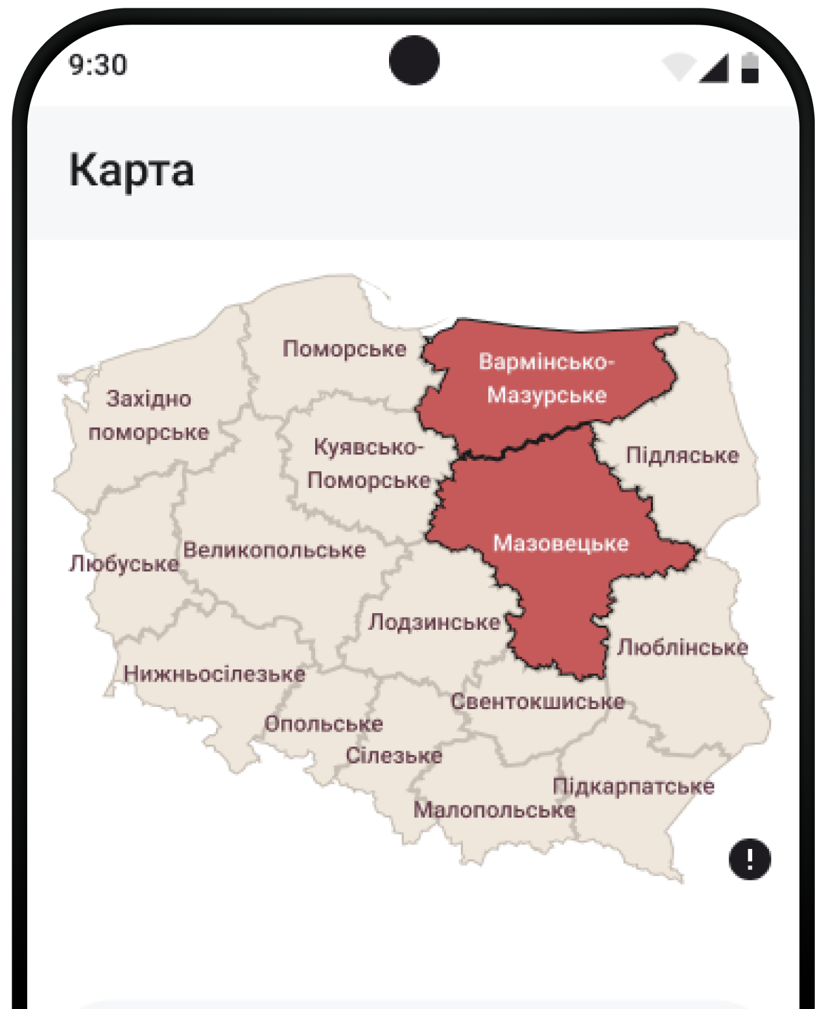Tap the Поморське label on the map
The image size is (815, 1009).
(x=344, y=349)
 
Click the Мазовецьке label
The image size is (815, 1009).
(x=561, y=543)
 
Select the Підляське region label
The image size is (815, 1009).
(x=682, y=456)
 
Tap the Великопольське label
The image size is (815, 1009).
(x=274, y=551)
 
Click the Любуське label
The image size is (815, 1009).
(x=124, y=564)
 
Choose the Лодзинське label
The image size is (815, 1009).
(x=434, y=623)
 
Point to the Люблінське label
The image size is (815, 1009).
(x=683, y=647)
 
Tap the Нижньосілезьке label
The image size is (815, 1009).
(x=215, y=675)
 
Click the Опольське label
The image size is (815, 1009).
(x=324, y=724)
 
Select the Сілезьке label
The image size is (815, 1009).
(x=394, y=756)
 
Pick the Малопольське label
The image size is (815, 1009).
(x=494, y=810)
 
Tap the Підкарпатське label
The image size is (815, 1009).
(x=633, y=787)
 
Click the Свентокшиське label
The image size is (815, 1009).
(x=538, y=702)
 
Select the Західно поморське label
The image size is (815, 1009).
(x=149, y=415)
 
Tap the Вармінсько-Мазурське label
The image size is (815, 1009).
(x=547, y=378)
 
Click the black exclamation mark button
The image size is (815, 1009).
(x=750, y=859)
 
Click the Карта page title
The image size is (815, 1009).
(x=132, y=170)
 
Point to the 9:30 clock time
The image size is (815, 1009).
(x=99, y=65)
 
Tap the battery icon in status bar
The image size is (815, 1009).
(x=750, y=68)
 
